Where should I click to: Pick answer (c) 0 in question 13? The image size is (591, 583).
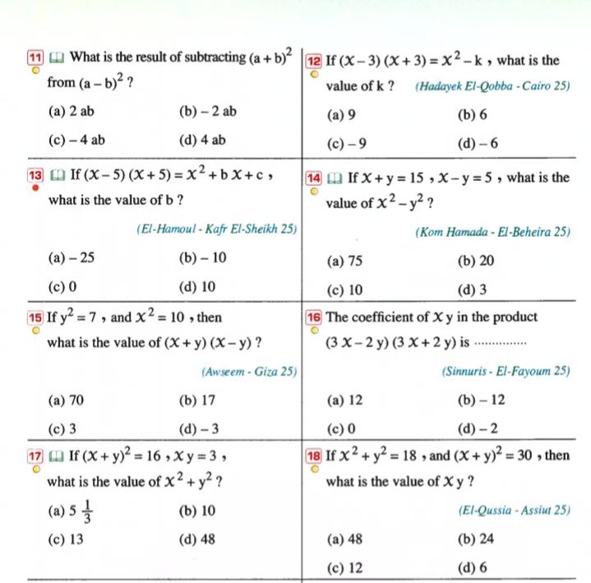pos(62,288)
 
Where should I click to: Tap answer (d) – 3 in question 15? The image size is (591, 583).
pos(198,428)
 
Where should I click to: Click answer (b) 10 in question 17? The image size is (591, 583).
pos(196,511)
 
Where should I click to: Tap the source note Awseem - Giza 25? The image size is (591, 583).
pos(249,372)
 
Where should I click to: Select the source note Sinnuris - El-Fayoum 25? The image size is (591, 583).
pos(506,372)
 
